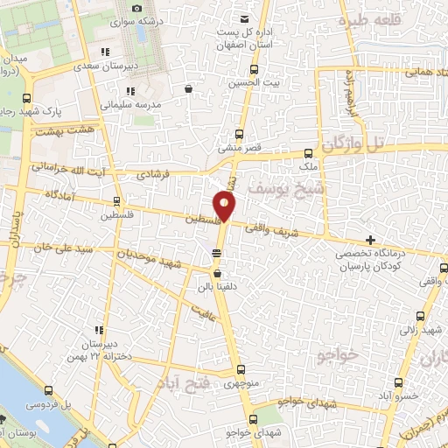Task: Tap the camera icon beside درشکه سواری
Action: point(136,9)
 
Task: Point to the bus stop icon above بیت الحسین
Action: point(254,69)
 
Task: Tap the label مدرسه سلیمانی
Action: point(128,104)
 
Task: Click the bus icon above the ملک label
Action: point(307,151)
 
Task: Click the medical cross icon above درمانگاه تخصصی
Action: point(371,240)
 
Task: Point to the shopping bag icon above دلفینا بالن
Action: point(217,273)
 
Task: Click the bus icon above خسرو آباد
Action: point(400,382)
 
